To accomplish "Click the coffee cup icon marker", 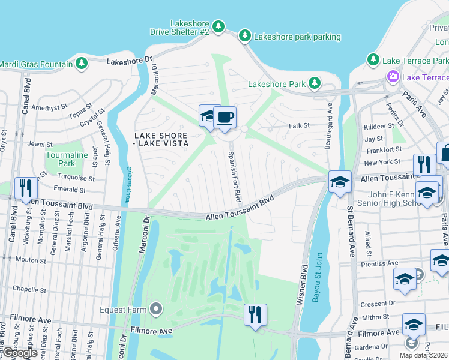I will pyautogui.click(x=225, y=118).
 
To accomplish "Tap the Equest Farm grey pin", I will pyautogui.click(x=156, y=310).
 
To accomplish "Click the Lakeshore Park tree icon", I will pyautogui.click(x=313, y=83).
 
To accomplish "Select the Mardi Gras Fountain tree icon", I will pyautogui.click(x=81, y=63).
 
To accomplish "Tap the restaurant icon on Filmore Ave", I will pyautogui.click(x=255, y=314).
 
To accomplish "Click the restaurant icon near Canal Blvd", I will pyautogui.click(x=26, y=188).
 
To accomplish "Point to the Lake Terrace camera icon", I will pyautogui.click(x=393, y=76).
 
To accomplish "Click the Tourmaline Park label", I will pyautogui.click(x=61, y=159).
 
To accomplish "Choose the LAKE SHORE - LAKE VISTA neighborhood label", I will pyautogui.click(x=161, y=139).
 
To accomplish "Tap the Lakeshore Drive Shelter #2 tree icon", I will pyautogui.click(x=219, y=26).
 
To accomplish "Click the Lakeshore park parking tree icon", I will pyautogui.click(x=244, y=37).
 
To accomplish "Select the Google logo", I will pyautogui.click(x=19, y=353).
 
